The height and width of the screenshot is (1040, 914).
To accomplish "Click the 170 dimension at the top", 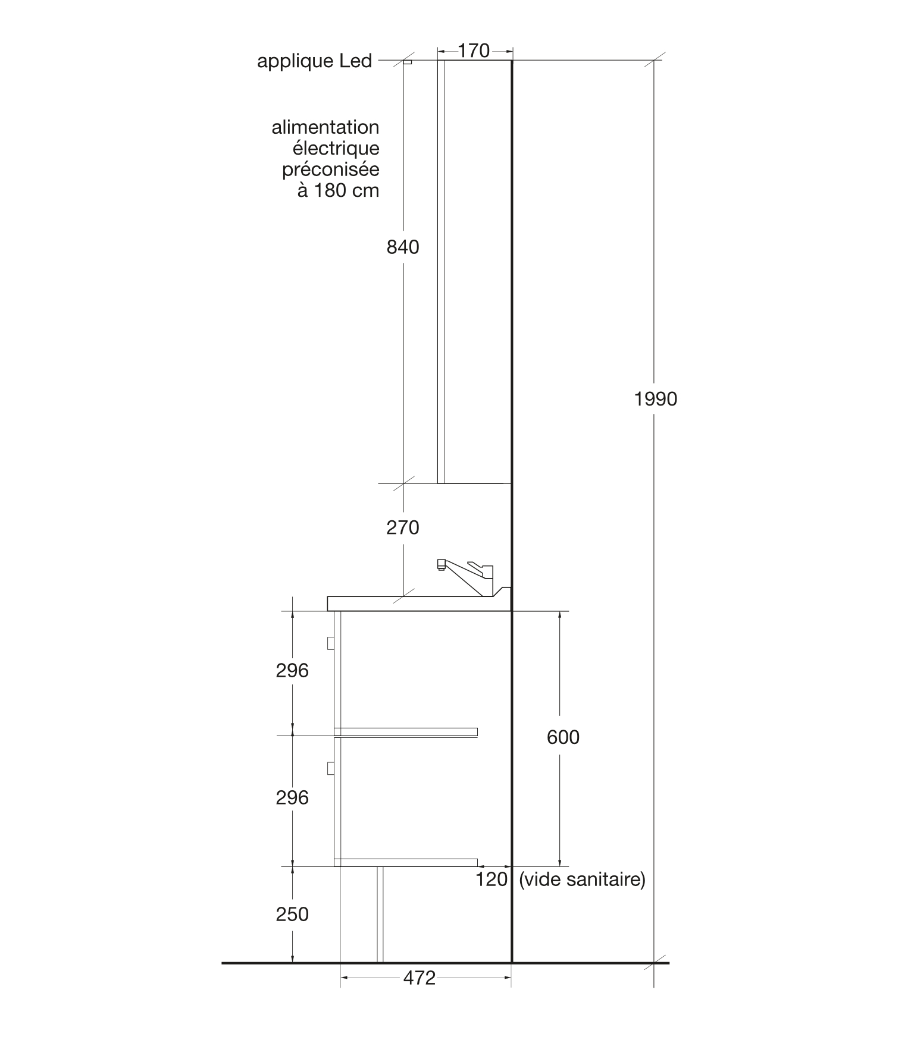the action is (x=474, y=51).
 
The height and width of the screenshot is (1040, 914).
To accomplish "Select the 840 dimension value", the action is (x=403, y=247).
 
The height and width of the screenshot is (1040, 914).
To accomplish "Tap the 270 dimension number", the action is (x=403, y=527).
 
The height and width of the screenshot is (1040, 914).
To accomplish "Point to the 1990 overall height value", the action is (x=656, y=399).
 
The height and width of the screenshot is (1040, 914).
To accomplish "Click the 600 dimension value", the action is (x=563, y=737).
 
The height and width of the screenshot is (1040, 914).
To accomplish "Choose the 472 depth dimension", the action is (x=420, y=978).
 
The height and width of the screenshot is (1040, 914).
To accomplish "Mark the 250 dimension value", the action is (x=292, y=915).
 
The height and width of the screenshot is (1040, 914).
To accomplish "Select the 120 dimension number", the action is (x=492, y=879).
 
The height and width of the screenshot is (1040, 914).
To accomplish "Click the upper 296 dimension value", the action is (x=292, y=671).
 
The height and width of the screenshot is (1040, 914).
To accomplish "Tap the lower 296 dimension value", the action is (x=292, y=798).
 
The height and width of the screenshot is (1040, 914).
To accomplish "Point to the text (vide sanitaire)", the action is (x=582, y=879).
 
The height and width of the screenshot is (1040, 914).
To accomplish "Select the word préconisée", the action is (x=331, y=170).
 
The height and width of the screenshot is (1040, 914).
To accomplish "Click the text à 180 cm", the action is (x=338, y=191).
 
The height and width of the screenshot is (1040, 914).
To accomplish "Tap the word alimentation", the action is (x=325, y=127).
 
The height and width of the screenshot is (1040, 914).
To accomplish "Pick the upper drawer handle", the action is (x=331, y=643).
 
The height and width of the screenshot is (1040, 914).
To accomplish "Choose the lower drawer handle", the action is (x=331, y=769).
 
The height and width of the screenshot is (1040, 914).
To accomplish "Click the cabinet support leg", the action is (x=380, y=915).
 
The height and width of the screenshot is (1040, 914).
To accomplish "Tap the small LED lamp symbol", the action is (x=408, y=62).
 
